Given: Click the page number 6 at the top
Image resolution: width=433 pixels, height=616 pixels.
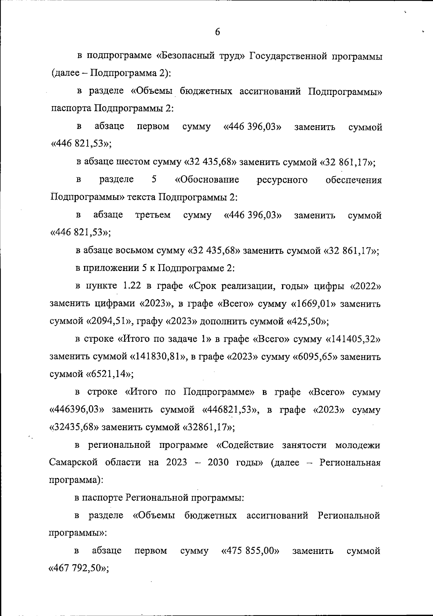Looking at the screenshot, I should pos(218,32).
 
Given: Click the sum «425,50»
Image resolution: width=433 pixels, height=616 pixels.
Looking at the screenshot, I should pos(307,322).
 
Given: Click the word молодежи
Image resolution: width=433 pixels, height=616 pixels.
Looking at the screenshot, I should pos(358,445).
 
